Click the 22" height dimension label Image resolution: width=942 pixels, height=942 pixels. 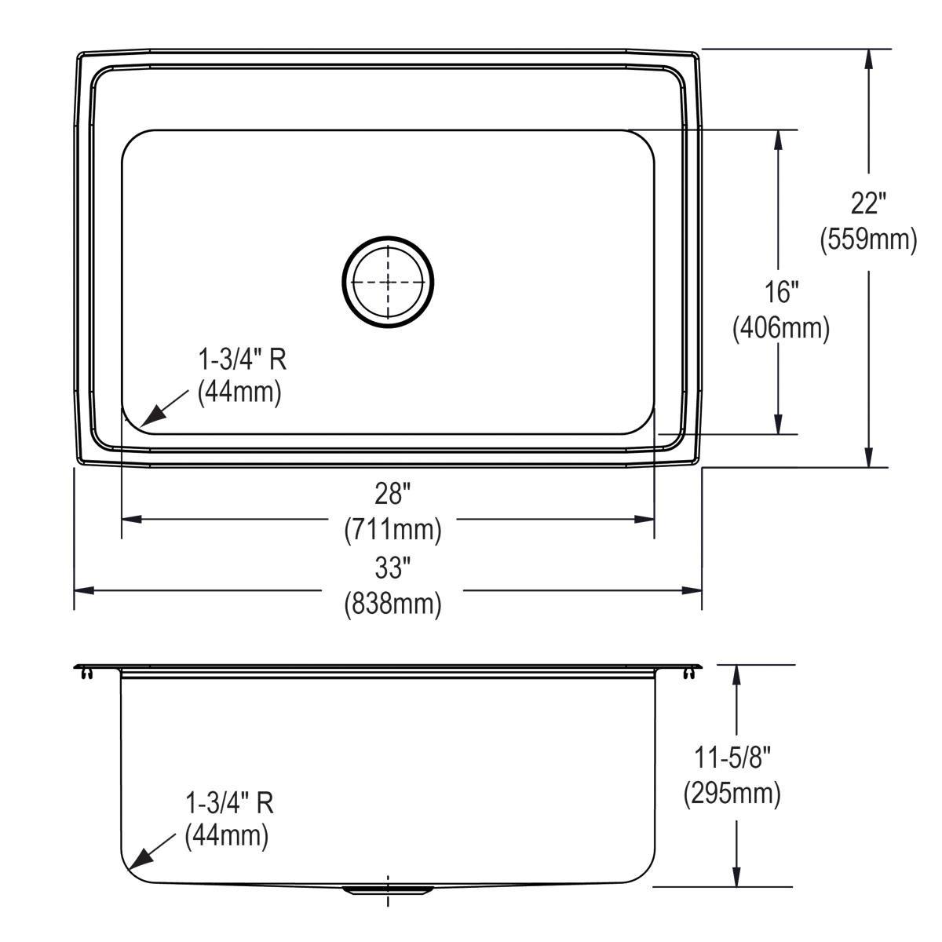click(x=868, y=204)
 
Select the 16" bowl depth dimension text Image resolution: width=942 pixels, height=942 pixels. click(x=780, y=293)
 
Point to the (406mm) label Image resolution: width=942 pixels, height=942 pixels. click(x=780, y=327)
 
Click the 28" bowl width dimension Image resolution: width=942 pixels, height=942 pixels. click(x=392, y=495)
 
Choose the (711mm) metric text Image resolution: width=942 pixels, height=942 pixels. click(x=392, y=530)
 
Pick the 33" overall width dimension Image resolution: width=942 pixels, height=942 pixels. click(x=392, y=566)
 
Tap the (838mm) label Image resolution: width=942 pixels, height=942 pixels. click(x=392, y=603)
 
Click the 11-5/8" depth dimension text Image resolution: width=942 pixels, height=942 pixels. click(x=732, y=758)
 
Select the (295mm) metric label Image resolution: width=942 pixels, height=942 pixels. click(x=732, y=794)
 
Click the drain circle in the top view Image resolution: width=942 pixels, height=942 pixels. click(x=387, y=281)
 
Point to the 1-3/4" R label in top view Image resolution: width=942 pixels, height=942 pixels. click(x=241, y=360)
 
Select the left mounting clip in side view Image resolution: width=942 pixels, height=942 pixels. click(x=84, y=672)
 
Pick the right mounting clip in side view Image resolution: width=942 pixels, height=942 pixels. click(x=691, y=672)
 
